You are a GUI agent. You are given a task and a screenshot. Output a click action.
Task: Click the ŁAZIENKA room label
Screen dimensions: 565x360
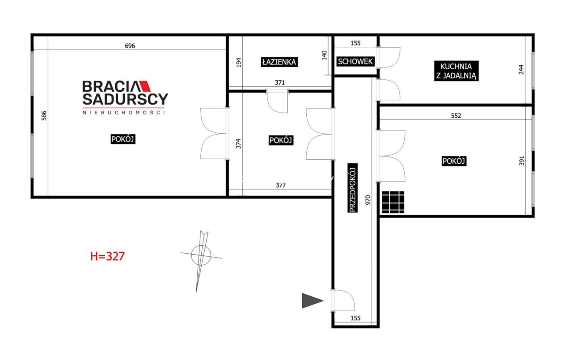click(279, 62)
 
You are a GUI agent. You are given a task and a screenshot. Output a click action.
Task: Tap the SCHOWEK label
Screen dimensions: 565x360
click(355, 61)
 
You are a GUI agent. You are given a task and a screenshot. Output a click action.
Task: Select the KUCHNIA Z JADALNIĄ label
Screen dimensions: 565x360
click(456, 71)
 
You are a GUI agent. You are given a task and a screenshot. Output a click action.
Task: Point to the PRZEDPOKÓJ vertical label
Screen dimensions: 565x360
click(353, 188)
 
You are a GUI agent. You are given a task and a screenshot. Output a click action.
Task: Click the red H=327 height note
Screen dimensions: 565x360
click(107, 256)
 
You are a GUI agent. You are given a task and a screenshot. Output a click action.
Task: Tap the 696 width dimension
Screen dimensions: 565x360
click(130, 46)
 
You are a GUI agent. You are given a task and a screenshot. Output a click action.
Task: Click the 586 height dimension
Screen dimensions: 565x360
click(44, 116)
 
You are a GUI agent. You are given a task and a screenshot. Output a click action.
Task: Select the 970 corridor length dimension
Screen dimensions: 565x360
click(368, 200)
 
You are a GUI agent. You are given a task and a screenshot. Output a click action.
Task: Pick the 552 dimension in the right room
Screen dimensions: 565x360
click(456, 116)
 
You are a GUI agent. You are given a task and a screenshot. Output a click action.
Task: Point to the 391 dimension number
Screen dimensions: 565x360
click(522, 161)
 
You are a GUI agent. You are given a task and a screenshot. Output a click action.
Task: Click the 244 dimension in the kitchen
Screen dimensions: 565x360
click(521, 70)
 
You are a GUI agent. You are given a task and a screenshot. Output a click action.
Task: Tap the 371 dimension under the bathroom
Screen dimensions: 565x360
click(280, 82)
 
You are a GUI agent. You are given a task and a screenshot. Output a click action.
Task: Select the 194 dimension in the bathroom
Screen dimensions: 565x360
click(239, 63)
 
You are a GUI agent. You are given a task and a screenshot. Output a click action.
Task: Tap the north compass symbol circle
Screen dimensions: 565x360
click(201, 255)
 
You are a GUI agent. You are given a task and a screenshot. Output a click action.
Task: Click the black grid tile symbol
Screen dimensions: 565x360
click(393, 202)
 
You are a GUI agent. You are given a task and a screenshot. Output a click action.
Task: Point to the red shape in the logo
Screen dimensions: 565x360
click(146, 86)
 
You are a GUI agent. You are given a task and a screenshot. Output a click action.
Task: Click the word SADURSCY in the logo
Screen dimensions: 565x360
click(125, 99)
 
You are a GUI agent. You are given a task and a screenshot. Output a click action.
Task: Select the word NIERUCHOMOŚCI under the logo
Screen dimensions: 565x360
click(124, 112)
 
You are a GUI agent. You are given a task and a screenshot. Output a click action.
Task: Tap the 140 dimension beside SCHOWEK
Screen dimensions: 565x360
click(324, 55)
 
